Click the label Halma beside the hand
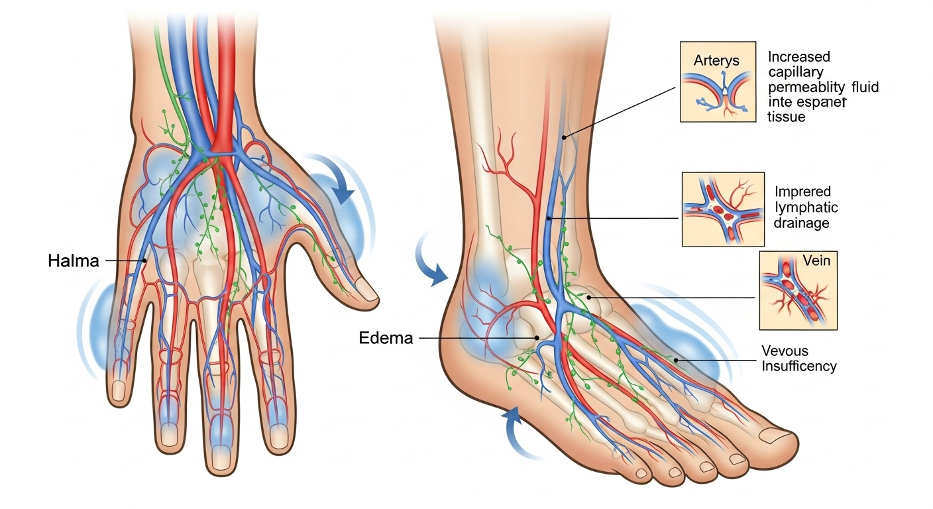74,261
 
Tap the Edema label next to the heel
386,338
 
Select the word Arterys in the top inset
716,61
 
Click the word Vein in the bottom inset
816,260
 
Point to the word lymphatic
806,208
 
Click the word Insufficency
799,366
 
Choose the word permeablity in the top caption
806,88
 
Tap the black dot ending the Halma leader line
144,260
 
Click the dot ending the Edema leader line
537,338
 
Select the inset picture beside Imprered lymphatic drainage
723,209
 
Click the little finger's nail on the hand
119,391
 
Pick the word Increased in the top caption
799,56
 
